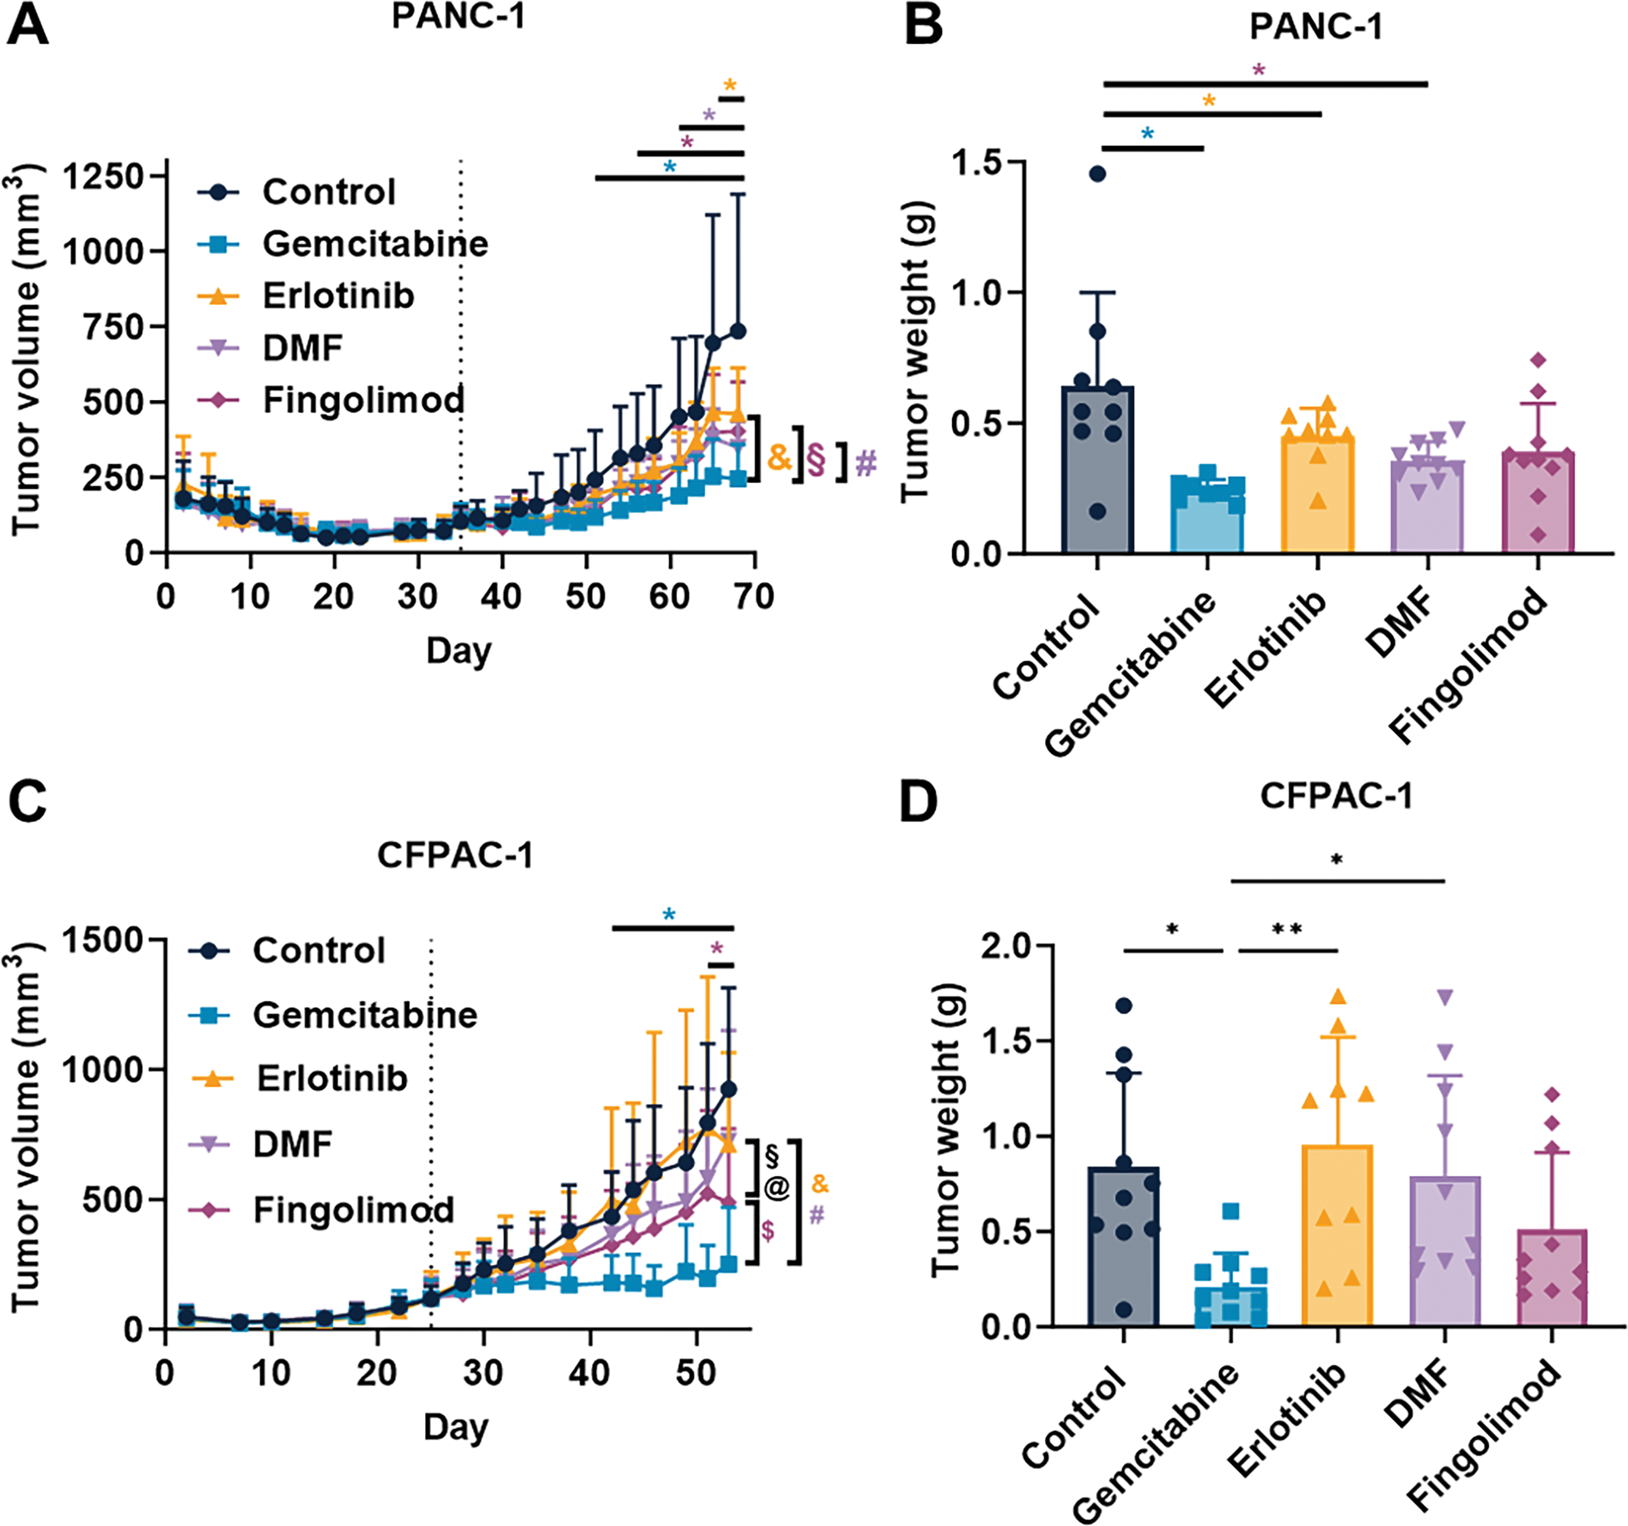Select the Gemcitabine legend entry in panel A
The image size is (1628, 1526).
374,244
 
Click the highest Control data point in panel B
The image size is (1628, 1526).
1097,174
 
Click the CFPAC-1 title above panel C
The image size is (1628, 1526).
455,855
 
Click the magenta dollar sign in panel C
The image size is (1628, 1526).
767,1229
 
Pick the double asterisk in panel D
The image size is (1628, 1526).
1286,930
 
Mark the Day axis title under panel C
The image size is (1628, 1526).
455,1427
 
